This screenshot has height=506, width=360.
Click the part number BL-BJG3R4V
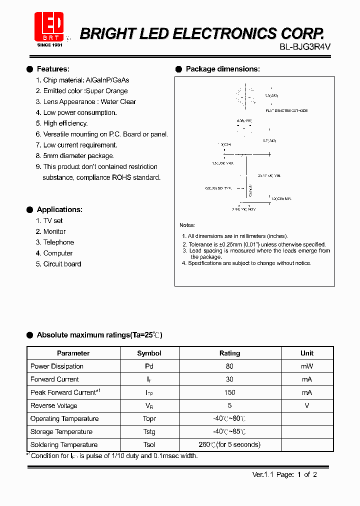point(305,46)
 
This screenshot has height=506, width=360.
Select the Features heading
point(53,69)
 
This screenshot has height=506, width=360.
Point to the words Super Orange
point(107,91)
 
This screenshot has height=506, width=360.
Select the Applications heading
point(59,209)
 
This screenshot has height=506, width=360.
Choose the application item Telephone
point(58,242)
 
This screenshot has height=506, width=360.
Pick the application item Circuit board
point(62,264)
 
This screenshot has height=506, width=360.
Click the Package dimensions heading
point(222,69)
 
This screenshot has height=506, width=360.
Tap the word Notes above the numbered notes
point(187,225)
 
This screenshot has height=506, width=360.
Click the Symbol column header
point(149,353)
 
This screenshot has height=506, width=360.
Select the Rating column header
point(229,353)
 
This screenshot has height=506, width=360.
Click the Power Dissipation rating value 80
point(229,366)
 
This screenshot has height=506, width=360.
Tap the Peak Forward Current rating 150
point(229,392)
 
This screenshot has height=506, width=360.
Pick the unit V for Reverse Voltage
point(306,405)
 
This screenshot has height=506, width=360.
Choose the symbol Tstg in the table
point(149,431)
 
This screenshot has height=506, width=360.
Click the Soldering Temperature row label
point(64,444)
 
